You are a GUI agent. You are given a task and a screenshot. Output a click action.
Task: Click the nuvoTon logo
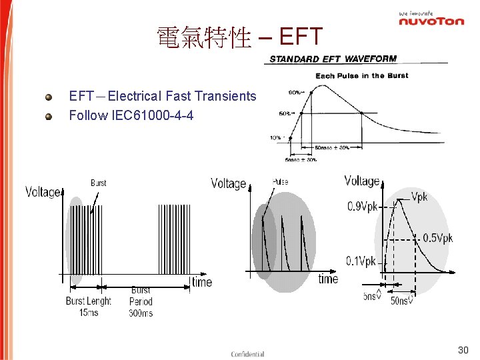click(x=431, y=20)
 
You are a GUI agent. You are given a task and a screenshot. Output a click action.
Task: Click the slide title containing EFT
click(x=239, y=37)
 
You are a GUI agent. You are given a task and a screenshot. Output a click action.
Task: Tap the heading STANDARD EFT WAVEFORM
click(x=333, y=59)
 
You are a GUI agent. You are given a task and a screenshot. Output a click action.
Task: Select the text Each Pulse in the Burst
click(x=361, y=75)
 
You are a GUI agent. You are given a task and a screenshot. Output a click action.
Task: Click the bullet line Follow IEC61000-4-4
click(x=131, y=115)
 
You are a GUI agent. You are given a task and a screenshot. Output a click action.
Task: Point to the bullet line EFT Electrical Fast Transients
click(x=163, y=96)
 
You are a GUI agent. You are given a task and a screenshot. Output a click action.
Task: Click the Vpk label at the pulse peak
click(x=419, y=197)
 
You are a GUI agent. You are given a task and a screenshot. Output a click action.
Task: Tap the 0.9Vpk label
click(x=362, y=207)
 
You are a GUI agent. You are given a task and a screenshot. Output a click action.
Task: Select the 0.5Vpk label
click(x=437, y=238)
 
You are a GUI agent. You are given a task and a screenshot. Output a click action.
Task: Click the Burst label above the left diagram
click(x=98, y=183)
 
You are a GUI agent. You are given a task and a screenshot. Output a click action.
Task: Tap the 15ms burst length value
click(x=89, y=312)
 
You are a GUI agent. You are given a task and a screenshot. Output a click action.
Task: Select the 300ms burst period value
click(x=141, y=312)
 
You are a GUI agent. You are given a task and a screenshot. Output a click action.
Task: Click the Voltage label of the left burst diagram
click(x=43, y=192)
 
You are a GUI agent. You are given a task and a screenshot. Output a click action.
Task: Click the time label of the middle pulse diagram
click(x=328, y=279)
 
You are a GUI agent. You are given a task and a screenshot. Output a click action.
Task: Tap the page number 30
click(x=463, y=350)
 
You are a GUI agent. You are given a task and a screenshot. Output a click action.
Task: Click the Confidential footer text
click(x=247, y=354)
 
